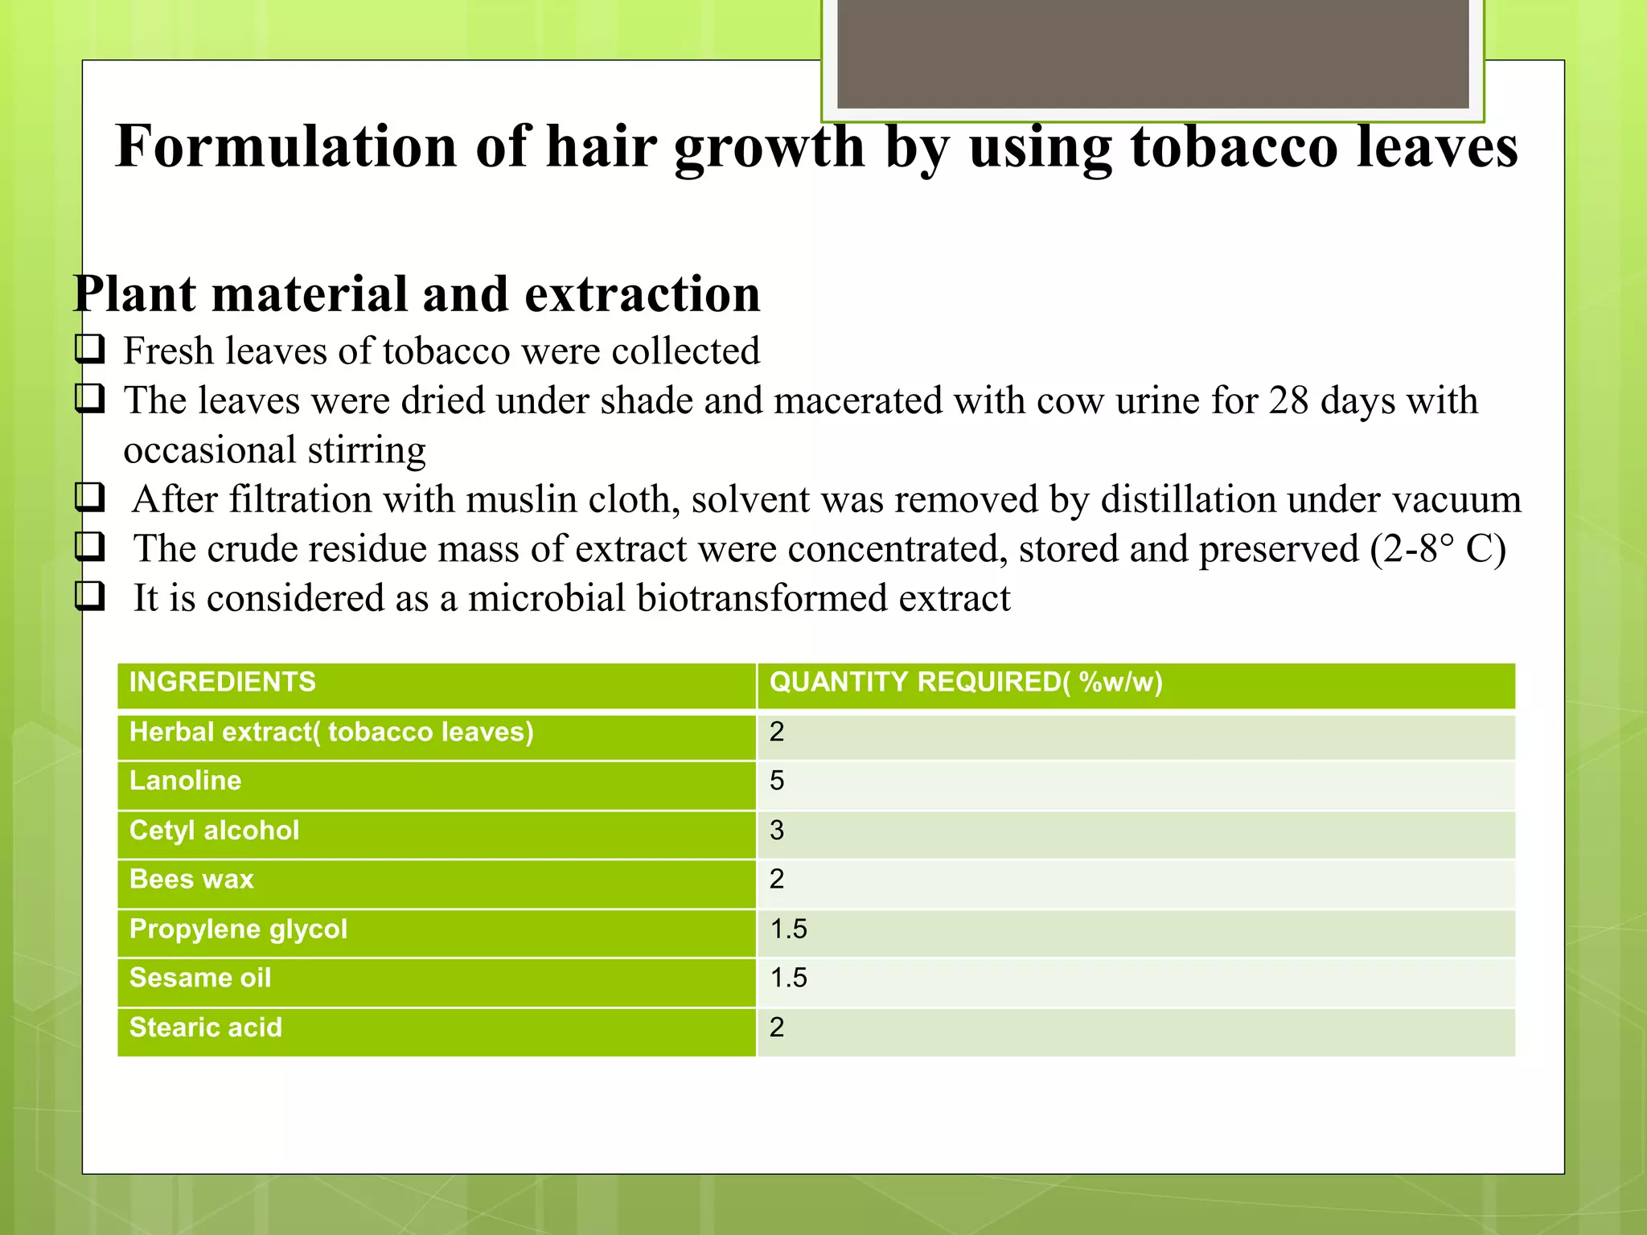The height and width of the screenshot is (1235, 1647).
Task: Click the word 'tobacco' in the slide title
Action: click(1234, 147)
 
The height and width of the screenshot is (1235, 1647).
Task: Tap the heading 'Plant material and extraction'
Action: click(417, 293)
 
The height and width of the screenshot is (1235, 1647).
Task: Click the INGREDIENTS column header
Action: click(223, 682)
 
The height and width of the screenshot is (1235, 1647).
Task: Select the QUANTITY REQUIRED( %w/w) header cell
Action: click(966, 682)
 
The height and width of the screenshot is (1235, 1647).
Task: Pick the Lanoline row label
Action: click(185, 781)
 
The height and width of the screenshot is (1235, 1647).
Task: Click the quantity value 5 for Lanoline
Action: click(776, 781)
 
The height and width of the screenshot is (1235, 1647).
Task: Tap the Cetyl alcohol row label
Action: click(214, 830)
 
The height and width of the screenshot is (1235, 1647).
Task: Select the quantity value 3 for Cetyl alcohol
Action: click(776, 830)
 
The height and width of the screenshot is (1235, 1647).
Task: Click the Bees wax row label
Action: click(191, 879)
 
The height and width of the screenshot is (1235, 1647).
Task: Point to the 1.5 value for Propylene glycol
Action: click(788, 929)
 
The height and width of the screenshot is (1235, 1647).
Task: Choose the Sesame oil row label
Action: click(200, 978)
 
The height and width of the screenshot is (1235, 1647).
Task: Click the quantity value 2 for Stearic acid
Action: click(776, 1028)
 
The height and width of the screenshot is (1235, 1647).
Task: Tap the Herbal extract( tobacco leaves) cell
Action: click(331, 732)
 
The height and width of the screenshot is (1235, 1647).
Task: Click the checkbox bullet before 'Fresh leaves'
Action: click(89, 349)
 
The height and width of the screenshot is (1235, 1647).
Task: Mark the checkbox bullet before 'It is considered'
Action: click(89, 596)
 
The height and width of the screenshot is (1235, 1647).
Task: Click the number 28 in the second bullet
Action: click(1289, 400)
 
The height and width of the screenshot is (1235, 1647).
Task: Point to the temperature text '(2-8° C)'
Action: click(1438, 549)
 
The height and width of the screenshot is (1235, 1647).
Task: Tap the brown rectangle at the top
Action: click(1152, 53)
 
